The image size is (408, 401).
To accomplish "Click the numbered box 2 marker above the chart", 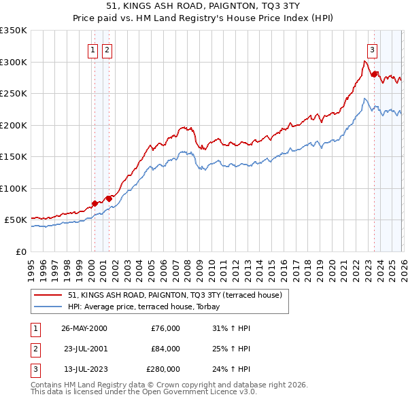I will click(107, 49).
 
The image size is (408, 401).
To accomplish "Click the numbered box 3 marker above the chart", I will click(373, 49).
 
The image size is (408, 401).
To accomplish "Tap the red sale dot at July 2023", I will click(373, 74).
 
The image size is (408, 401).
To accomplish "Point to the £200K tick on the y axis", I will click(14, 125).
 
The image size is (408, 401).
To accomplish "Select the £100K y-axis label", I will click(14, 188).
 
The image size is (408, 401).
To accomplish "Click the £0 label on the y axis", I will click(21, 251).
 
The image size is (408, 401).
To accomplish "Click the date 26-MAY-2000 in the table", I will click(84, 328).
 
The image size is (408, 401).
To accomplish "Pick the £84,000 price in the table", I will click(165, 349).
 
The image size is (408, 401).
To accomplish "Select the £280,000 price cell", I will click(164, 370).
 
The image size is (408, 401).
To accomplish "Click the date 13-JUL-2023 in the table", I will click(84, 370).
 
